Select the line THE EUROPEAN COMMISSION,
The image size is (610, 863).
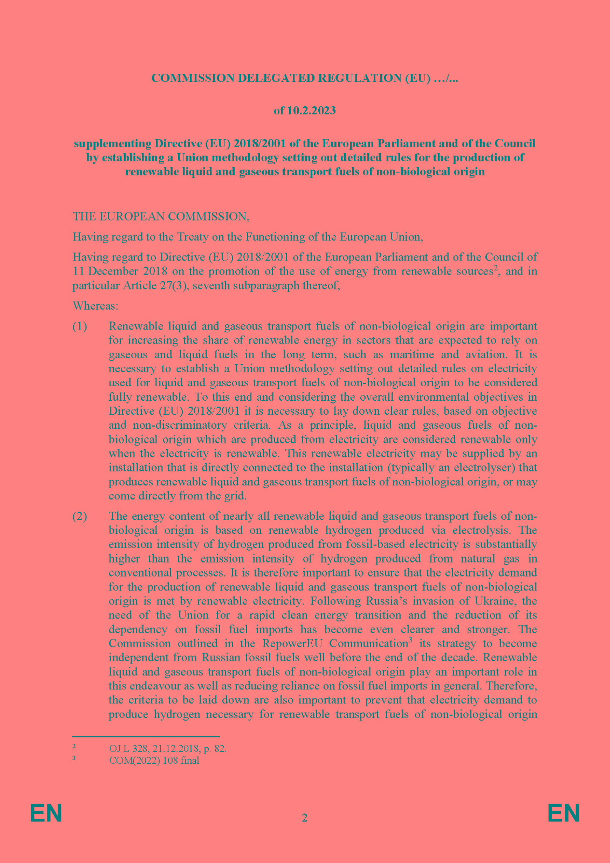pos(161,216)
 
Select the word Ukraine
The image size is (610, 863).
pos(496,601)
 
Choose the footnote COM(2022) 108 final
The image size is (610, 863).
pos(154,761)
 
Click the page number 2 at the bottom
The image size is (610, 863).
pos(305,818)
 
